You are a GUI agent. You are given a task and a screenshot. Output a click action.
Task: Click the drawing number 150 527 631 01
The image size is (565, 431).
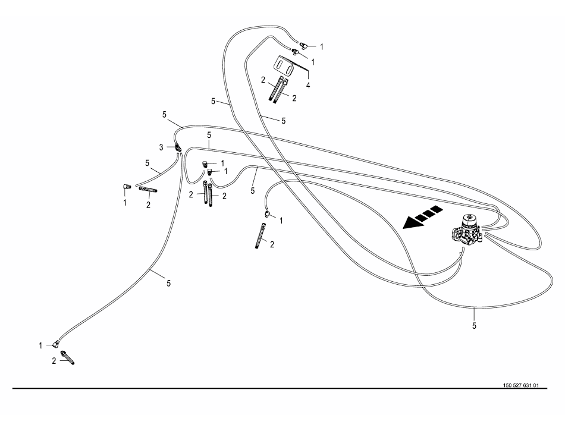(520, 385)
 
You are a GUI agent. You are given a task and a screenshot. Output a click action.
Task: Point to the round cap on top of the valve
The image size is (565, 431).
(469, 219)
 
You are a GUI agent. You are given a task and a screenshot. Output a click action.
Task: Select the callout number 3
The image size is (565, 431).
(161, 146)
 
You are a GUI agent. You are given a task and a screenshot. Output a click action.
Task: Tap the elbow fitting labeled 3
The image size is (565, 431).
(177, 146)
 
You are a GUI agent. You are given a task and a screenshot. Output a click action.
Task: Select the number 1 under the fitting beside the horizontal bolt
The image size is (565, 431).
(125, 202)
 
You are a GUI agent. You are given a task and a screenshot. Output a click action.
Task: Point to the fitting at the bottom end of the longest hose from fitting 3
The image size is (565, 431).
(57, 343)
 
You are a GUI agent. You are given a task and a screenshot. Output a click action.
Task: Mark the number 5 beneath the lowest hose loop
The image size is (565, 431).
(475, 325)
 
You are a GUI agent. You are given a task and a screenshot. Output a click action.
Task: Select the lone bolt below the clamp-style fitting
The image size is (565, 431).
(260, 237)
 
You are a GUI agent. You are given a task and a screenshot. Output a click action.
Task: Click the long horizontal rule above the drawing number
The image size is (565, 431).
(280, 389)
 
